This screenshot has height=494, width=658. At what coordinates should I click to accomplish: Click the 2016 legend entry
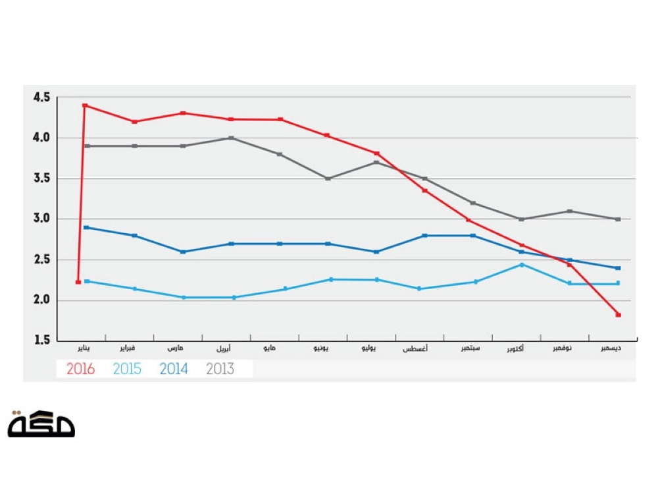(80, 369)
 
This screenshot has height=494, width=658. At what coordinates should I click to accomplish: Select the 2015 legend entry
(127, 369)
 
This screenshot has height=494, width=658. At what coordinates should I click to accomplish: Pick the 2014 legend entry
(174, 369)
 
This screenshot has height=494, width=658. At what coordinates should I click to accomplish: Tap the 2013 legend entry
(220, 369)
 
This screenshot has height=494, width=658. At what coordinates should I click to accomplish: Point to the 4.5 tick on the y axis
(41, 97)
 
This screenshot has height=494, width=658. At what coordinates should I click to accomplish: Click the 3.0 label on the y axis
(41, 219)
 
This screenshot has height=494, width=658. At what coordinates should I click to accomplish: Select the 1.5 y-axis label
(41, 341)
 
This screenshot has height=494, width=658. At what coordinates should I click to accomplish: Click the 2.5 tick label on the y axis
(41, 260)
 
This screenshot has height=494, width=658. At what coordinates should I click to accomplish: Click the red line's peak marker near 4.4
(85, 105)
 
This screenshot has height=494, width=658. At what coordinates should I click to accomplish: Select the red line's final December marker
(619, 315)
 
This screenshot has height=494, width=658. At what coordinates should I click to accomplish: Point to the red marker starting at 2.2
(78, 282)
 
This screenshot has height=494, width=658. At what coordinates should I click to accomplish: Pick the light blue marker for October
(522, 265)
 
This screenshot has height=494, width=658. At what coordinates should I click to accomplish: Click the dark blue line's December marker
(619, 268)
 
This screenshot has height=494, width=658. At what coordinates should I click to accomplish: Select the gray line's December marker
(619, 219)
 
